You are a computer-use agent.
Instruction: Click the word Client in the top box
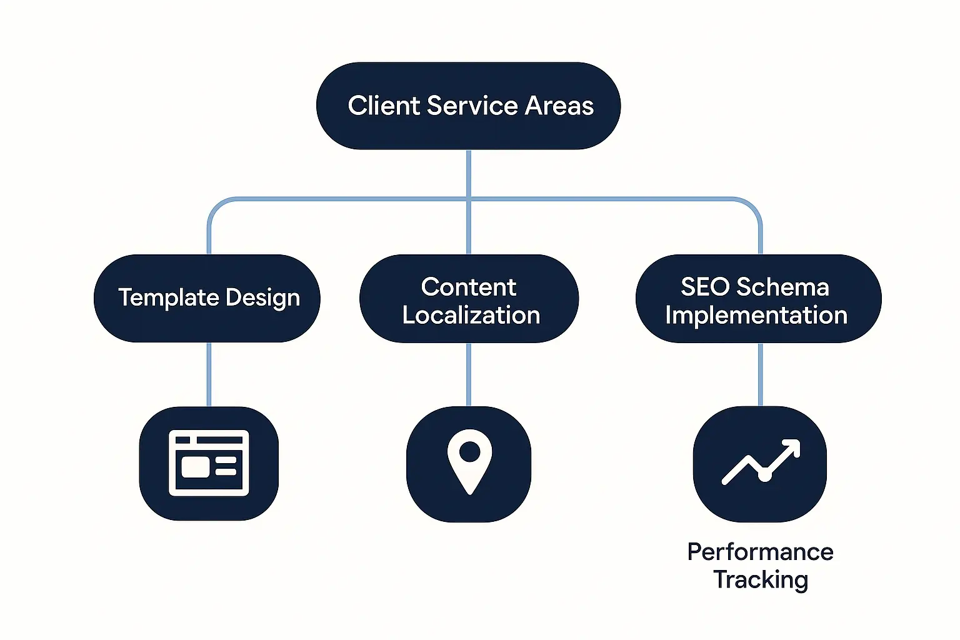coord(384,106)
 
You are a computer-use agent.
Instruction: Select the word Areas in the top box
coord(559,106)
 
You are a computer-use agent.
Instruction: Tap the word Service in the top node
coord(475,106)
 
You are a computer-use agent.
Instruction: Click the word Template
coord(168,297)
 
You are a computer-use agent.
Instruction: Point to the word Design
coord(262,298)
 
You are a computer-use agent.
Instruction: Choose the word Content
coord(469,287)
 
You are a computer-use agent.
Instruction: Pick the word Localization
coord(471,315)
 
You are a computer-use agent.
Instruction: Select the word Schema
coord(782,287)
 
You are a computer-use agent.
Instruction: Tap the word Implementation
coord(756,315)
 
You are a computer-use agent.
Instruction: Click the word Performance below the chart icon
coord(760,552)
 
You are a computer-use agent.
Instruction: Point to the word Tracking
coord(761,580)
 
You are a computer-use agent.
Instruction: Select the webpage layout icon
coord(209,463)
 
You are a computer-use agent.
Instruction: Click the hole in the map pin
coord(469,451)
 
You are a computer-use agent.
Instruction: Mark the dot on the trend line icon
coord(764,476)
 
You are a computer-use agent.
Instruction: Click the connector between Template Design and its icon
coord(209,374)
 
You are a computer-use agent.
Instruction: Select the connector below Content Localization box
coord(469,374)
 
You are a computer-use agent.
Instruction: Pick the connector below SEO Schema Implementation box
coord(760,374)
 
